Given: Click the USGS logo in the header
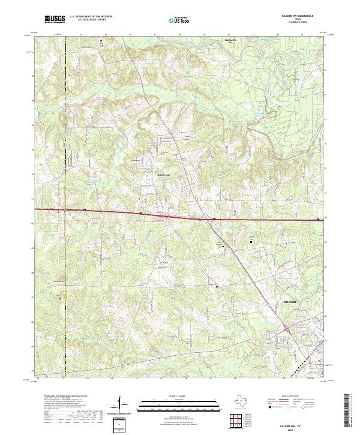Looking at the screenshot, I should click(x=55, y=19).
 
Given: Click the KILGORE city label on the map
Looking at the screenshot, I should click(x=290, y=302).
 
